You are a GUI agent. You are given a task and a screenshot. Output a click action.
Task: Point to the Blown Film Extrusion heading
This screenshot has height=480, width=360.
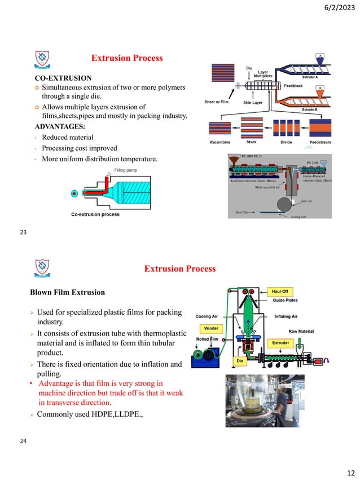67,292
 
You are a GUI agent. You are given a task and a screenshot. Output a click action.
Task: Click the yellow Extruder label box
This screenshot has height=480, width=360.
280,342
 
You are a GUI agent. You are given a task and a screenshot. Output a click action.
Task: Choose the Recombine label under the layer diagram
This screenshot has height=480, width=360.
219,142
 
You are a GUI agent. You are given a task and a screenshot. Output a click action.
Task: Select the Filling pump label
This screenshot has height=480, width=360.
127,169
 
